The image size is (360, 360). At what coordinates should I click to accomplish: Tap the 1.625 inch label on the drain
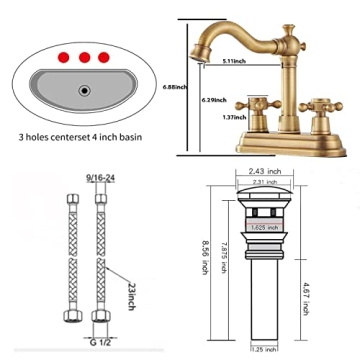[x=265, y=227]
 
